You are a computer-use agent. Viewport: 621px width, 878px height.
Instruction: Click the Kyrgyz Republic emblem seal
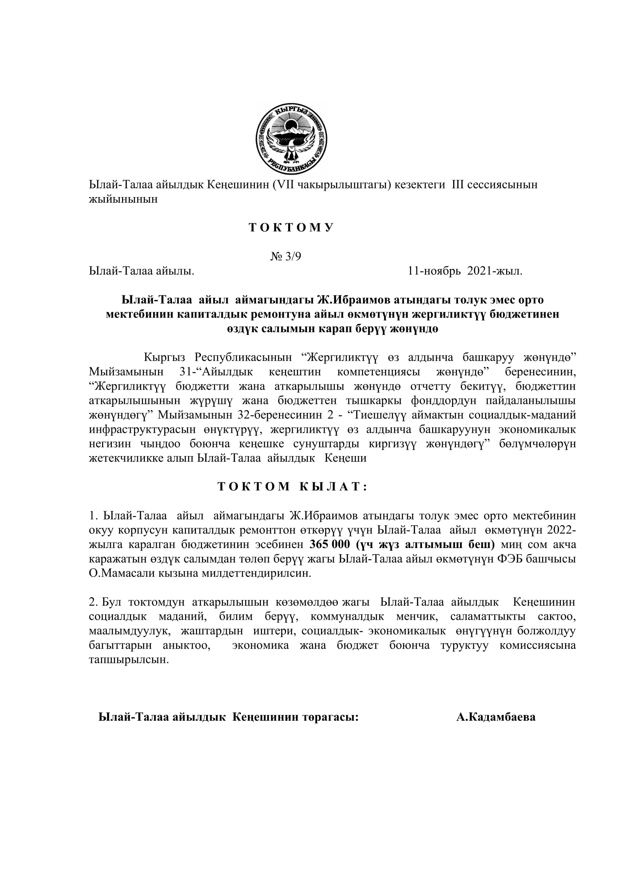tap(291, 139)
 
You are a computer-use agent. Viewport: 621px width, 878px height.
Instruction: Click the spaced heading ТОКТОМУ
tap(291, 227)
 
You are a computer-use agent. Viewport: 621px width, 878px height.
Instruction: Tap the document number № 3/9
tap(286, 256)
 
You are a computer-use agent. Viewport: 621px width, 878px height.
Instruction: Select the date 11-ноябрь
tap(434, 271)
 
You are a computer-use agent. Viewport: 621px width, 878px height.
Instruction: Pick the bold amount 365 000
tap(329, 544)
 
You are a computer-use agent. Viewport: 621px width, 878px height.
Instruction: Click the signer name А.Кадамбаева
tap(496, 717)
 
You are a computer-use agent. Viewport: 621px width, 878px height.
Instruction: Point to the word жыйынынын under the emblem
tap(123, 199)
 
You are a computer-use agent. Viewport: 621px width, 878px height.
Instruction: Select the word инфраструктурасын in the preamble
tap(141, 429)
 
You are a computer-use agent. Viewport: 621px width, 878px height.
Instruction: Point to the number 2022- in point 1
tap(561, 530)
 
